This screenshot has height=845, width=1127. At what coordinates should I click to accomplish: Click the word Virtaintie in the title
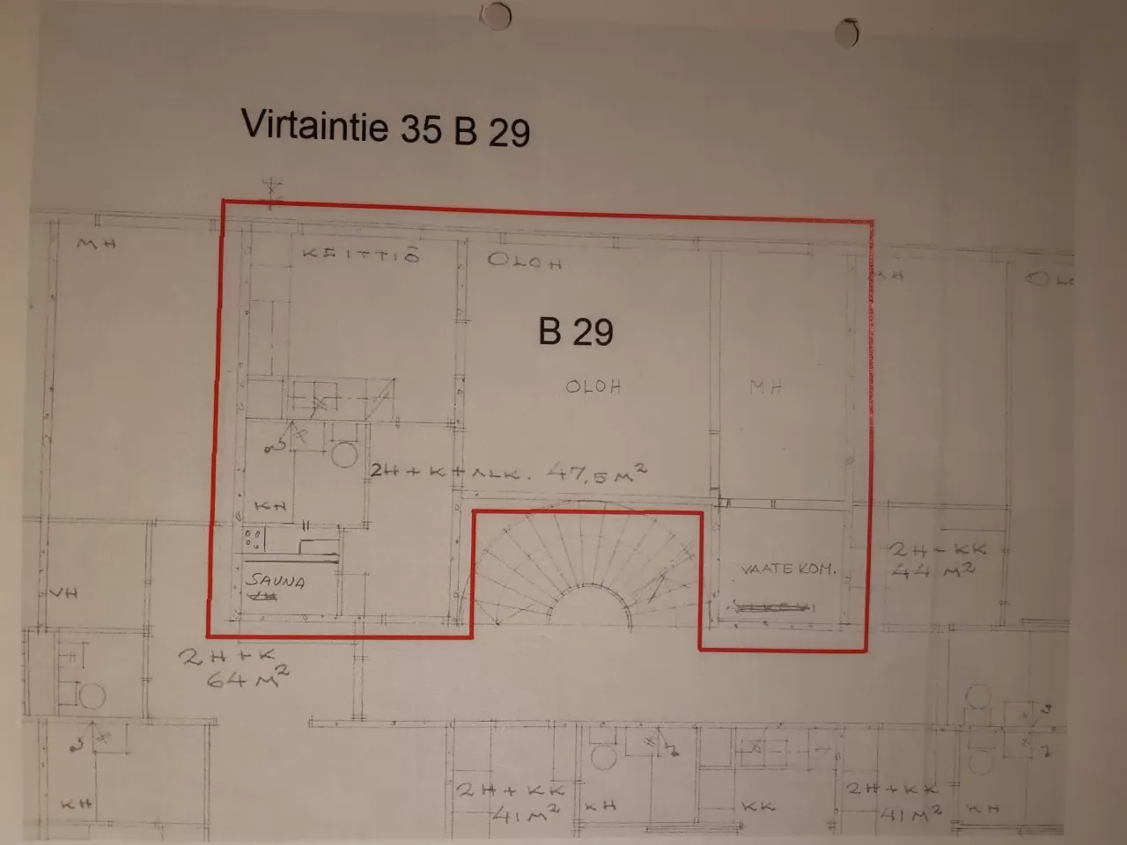click(x=313, y=125)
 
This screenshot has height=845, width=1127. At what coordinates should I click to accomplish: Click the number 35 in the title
click(x=420, y=129)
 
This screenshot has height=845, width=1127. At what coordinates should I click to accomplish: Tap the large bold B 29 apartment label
click(x=576, y=332)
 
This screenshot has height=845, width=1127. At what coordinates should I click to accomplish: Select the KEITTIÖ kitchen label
click(x=360, y=255)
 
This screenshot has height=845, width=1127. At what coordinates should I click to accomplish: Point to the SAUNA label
click(x=275, y=581)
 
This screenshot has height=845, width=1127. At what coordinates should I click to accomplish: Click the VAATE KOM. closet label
click(x=787, y=569)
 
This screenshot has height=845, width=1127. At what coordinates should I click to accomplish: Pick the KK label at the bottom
click(x=757, y=805)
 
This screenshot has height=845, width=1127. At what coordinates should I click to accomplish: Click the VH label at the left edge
click(x=63, y=592)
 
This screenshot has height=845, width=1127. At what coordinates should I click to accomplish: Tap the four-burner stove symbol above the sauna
click(x=254, y=537)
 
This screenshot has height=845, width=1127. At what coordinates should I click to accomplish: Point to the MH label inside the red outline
click(x=765, y=386)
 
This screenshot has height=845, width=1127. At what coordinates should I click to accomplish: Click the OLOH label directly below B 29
click(x=593, y=386)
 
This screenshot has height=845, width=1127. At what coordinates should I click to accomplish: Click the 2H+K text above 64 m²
click(x=229, y=656)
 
